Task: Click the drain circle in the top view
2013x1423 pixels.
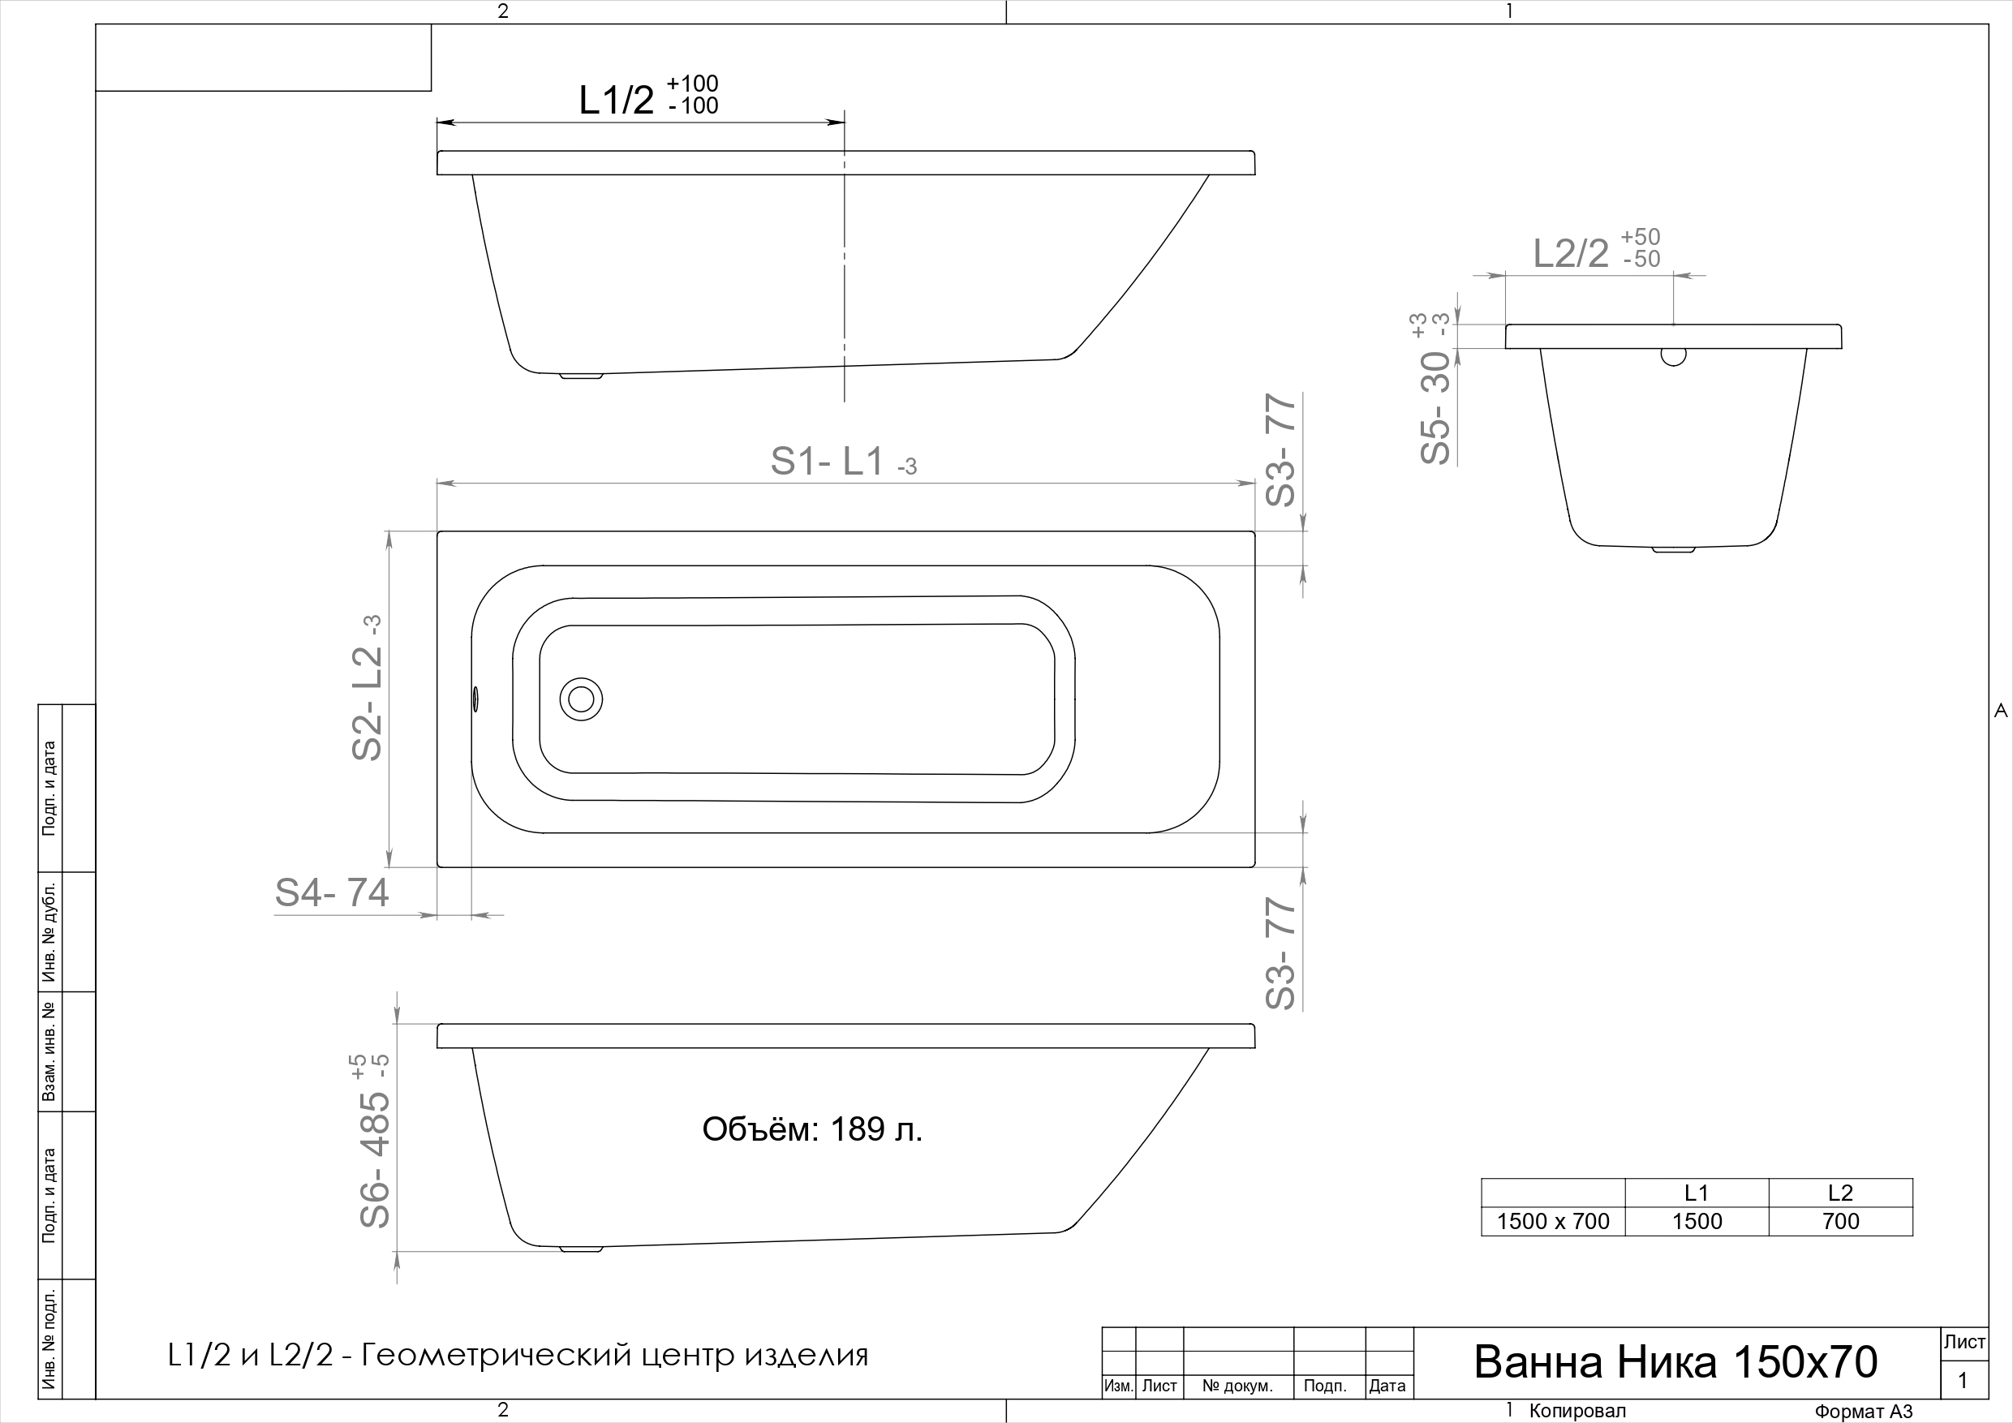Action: [x=580, y=699]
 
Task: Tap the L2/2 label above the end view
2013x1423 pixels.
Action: [x=1597, y=250]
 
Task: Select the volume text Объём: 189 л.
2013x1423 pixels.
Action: [x=812, y=1129]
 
